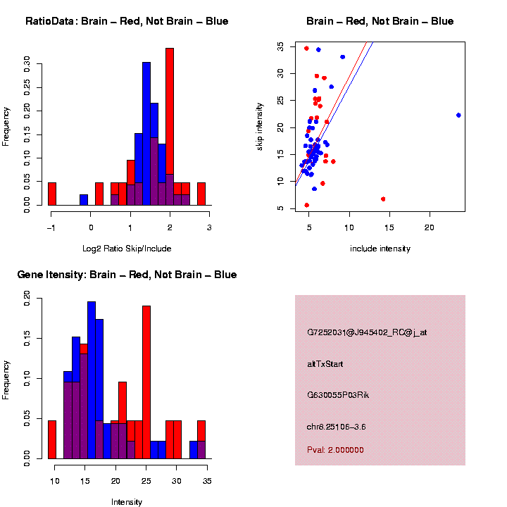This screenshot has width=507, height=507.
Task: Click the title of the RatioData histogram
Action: [127, 21]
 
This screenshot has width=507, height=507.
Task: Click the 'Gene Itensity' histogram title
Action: [127, 275]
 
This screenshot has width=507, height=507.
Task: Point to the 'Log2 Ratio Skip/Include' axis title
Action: [127, 248]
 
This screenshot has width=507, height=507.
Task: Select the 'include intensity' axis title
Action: [380, 249]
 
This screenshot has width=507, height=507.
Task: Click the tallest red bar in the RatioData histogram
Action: [169, 127]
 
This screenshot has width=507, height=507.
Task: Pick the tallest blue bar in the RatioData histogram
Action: [146, 134]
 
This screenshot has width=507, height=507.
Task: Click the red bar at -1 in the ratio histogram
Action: [52, 194]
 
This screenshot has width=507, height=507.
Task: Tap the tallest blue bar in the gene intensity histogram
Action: [92, 380]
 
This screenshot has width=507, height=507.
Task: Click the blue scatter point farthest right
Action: [458, 115]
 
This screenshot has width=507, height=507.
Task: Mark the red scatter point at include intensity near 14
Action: [383, 199]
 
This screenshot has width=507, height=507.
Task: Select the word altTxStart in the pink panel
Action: [325, 364]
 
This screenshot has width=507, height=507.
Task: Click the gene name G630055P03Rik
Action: [338, 395]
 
